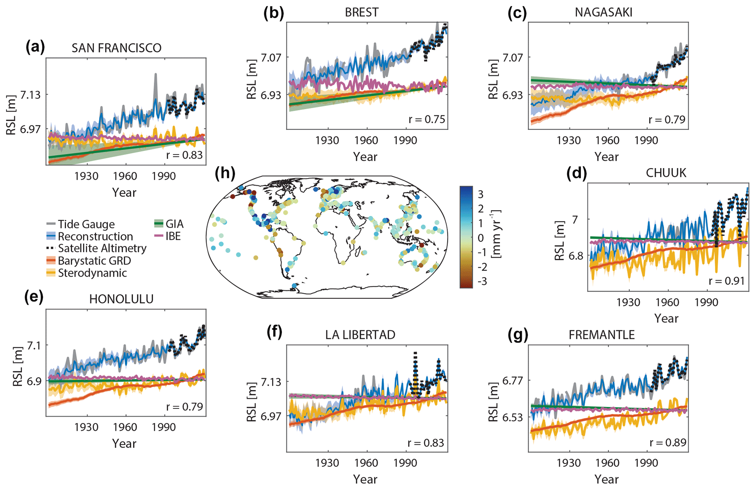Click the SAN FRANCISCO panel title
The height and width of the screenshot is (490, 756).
click(116, 48)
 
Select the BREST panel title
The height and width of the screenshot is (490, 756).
click(361, 12)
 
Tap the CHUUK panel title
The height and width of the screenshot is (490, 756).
click(666, 173)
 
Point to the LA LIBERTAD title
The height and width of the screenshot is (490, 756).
click(360, 335)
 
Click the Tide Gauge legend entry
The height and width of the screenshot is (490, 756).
click(86, 224)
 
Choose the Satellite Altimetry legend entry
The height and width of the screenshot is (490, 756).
click(102, 248)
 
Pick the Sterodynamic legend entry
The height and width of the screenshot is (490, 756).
click(92, 273)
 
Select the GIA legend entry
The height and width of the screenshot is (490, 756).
click(174, 224)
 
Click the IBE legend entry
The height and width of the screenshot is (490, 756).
click(173, 236)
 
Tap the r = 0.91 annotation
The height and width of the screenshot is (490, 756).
click(726, 281)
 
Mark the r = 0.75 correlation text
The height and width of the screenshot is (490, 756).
click(426, 119)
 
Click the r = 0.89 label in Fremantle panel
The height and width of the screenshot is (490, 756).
click(668, 442)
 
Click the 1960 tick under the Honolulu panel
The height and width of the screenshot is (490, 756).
click(125, 427)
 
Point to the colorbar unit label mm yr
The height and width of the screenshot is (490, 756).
click(496, 234)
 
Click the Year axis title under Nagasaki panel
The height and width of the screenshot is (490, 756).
click(606, 157)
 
